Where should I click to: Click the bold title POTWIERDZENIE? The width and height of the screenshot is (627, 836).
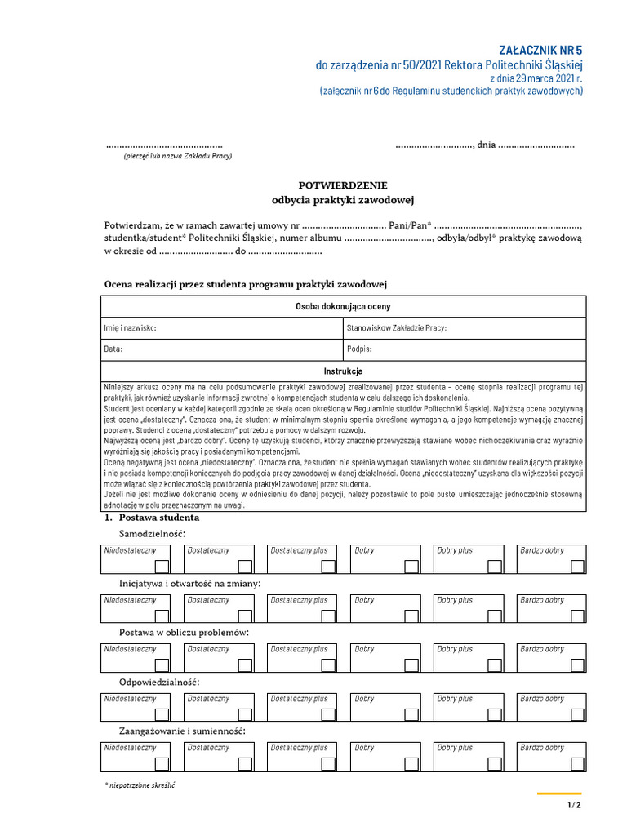[343, 185]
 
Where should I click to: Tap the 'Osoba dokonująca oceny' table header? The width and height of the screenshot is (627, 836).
[343, 307]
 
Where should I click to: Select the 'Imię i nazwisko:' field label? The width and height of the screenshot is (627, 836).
[130, 328]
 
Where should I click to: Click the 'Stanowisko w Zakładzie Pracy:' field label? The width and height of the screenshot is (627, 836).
[397, 328]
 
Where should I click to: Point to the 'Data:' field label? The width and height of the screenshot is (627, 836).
[113, 349]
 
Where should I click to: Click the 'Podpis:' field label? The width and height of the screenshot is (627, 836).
[359, 349]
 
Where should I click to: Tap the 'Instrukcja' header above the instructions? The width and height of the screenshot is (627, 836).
[343, 371]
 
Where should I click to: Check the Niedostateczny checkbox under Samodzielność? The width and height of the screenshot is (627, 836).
[162, 567]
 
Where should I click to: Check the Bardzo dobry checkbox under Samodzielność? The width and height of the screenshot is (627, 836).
[578, 567]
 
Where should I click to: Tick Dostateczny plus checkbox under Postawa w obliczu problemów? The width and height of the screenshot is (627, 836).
[328, 665]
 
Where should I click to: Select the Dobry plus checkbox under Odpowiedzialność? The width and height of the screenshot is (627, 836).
[495, 714]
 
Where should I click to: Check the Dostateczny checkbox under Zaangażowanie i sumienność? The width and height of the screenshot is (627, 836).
[246, 763]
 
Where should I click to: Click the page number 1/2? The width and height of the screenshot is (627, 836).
[574, 806]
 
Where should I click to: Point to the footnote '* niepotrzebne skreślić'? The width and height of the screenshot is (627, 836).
[140, 785]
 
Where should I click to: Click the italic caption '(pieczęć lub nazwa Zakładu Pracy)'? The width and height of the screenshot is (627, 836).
[178, 156]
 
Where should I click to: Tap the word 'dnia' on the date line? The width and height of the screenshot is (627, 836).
[486, 145]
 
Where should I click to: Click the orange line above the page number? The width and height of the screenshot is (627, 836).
[559, 794]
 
